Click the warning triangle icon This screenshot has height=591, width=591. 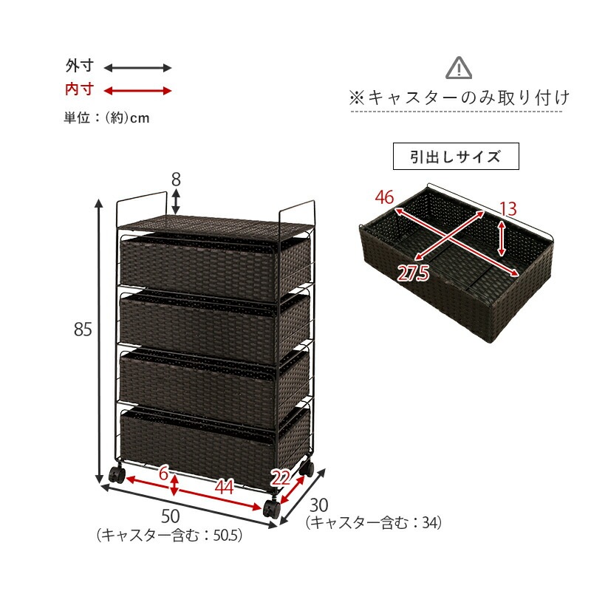click(459, 69)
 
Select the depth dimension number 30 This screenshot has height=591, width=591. click(318, 506)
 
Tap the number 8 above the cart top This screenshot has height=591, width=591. click(176, 180)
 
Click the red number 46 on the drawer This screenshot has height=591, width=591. click(384, 197)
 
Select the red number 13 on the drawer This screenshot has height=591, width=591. click(507, 209)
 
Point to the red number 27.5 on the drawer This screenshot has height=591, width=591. click(413, 273)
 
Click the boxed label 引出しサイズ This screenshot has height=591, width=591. click(456, 157)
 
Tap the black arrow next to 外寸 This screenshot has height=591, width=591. click(137, 68)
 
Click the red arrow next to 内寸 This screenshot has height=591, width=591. click(137, 91)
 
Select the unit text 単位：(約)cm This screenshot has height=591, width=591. click(106, 118)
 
